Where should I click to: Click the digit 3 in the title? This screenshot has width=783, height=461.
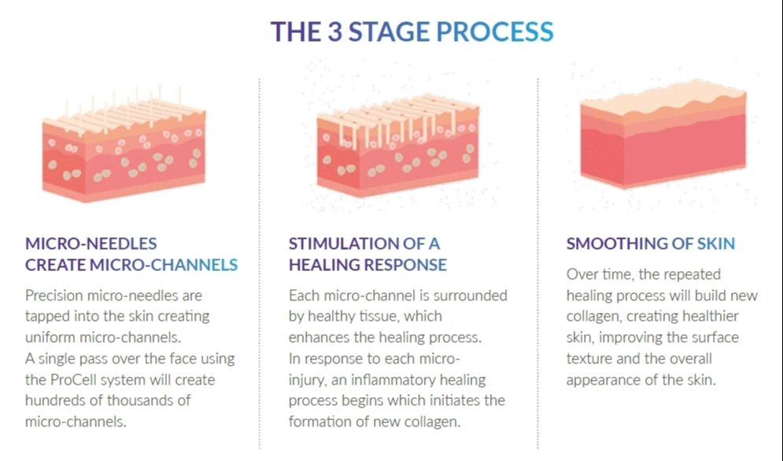click(333, 32)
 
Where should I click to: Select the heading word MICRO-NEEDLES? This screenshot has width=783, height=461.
click(91, 244)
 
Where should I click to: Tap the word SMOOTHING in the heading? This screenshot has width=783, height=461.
click(617, 244)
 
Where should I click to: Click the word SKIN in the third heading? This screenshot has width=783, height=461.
click(715, 244)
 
